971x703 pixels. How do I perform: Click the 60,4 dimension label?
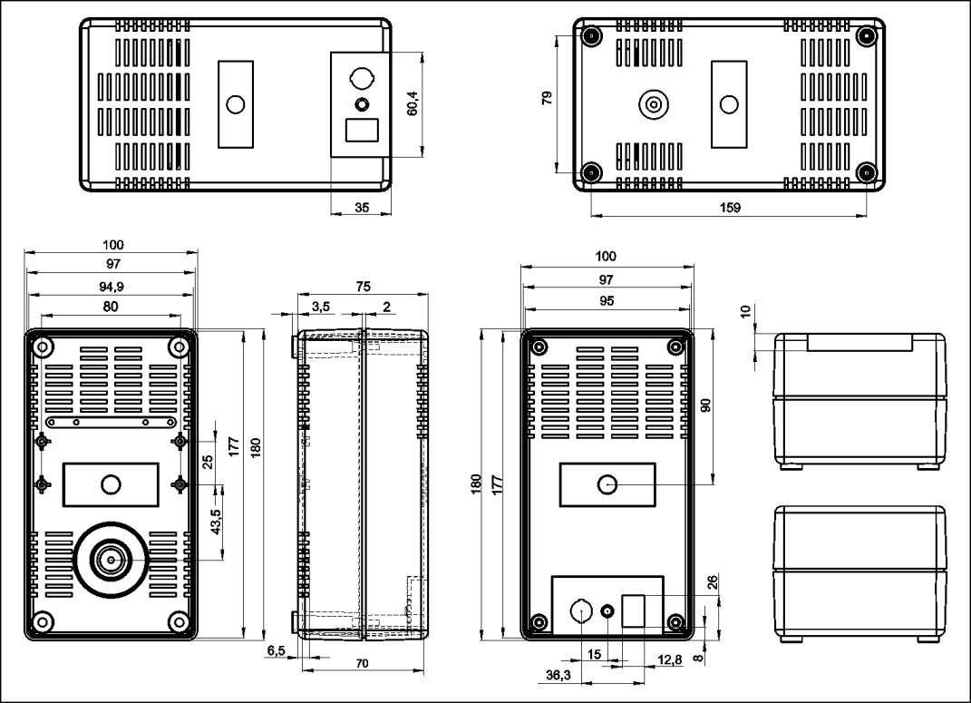[413, 103]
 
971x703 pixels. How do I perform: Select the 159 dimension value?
[730, 208]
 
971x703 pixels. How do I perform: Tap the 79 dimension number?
[548, 98]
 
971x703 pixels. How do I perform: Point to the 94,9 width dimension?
[112, 286]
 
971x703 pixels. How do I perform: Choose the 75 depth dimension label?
[363, 286]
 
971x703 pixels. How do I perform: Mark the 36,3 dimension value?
[558, 675]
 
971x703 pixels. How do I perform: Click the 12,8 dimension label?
[669, 660]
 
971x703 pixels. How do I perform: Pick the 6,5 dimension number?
[277, 650]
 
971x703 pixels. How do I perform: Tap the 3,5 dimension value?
[321, 307]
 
